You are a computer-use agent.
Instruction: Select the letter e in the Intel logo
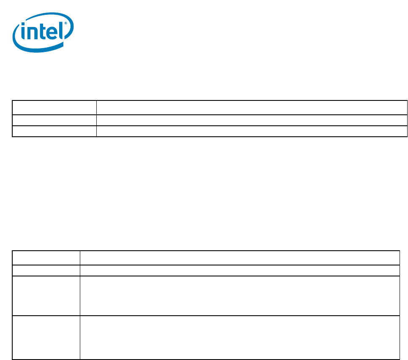(52, 33)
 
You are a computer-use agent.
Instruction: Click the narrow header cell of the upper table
(54, 108)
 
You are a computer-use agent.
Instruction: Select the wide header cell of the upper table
(252, 108)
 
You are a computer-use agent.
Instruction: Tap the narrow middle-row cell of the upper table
(54, 120)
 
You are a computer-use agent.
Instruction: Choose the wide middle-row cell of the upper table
(252, 120)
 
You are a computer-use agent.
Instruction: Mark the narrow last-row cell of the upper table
(54, 131)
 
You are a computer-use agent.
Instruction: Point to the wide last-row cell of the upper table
(252, 131)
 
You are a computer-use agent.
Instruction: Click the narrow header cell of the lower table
(46, 258)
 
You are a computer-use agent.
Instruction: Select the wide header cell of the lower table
(240, 258)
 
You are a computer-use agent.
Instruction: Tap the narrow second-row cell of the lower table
(46, 271)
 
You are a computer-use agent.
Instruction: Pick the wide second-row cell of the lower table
(240, 271)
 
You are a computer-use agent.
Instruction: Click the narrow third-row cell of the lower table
(46, 296)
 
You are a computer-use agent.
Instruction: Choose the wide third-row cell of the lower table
(240, 296)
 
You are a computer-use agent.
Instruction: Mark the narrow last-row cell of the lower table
(46, 337)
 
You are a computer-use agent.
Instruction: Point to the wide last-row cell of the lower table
(240, 337)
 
